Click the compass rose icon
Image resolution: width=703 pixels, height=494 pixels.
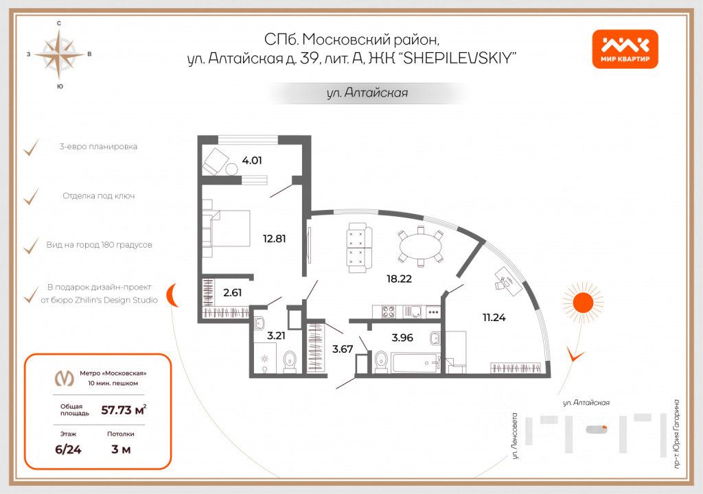coord(60,54)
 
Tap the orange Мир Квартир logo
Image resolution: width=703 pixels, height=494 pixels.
coord(625,49)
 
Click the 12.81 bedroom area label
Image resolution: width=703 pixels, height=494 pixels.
coord(273,239)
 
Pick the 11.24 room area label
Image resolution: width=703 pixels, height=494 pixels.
coord(494,317)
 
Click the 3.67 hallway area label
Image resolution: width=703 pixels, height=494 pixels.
coord(342,348)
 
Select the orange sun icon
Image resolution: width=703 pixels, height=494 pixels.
coord(582,303)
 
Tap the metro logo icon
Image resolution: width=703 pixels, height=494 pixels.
coord(65,378)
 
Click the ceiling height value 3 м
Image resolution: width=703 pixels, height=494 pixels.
coord(120,449)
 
